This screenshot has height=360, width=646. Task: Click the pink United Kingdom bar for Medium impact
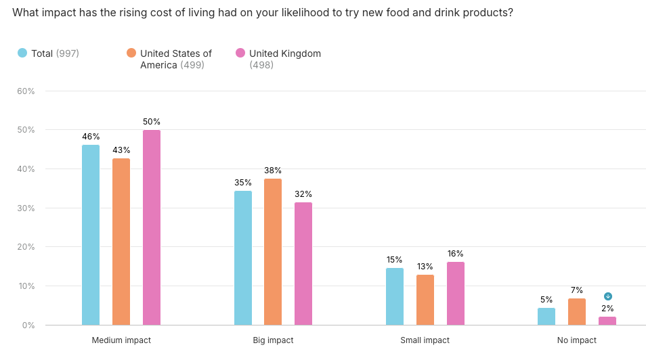152,227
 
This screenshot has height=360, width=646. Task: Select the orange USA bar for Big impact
273,252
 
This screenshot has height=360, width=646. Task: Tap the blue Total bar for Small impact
395,296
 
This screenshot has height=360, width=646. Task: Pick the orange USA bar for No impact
577,312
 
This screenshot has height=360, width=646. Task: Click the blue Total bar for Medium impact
91,235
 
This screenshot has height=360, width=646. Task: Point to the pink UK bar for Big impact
303,264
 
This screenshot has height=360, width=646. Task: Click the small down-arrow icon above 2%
608,296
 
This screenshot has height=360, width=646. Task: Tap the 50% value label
152,122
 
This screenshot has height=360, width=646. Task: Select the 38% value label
273,171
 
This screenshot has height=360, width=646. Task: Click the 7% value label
577,290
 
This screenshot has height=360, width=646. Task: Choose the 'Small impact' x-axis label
425,340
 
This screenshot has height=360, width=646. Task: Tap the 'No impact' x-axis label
577,340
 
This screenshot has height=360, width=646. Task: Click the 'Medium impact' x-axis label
121,340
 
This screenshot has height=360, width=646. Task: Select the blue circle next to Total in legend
22,53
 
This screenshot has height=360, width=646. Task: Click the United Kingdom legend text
284,53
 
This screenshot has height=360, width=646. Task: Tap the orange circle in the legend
131,53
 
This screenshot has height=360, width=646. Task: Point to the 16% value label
456,254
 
